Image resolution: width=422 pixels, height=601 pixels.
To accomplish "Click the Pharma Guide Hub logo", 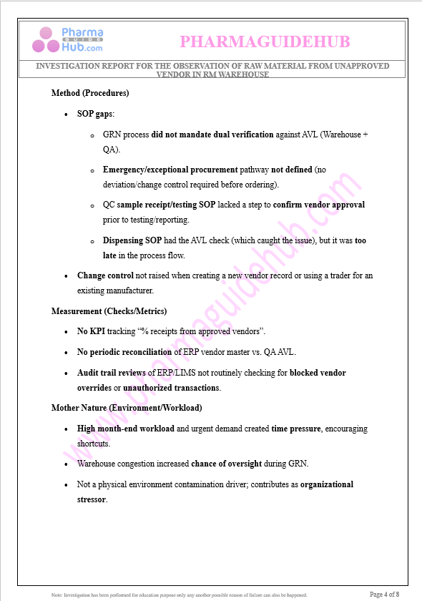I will pos(67,40).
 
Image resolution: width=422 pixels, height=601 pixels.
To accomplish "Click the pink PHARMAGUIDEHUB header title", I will pos(265,41).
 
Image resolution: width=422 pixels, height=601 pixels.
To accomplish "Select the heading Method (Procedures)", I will pos(90,93).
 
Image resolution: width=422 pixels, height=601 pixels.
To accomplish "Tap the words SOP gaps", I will pos(94,114).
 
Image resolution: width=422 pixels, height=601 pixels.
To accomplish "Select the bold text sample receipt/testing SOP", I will pos(166,205).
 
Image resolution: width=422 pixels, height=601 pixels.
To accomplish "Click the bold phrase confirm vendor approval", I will pos(319,205).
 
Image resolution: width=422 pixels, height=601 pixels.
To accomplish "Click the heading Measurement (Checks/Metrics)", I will pos(109,311).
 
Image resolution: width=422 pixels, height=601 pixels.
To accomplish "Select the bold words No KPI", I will pos(91,332).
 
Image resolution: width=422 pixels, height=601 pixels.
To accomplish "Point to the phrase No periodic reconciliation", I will pos(124,352).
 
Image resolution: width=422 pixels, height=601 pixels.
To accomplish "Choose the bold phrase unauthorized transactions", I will pos(171,388).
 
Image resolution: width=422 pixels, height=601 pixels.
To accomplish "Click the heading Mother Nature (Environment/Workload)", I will pos(127,408).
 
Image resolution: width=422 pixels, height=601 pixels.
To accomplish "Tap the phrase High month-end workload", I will pos(125,429).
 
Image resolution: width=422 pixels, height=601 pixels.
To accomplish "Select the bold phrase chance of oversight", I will pos(234,464).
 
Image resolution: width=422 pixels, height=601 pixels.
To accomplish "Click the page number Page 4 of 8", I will pos(384,594).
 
